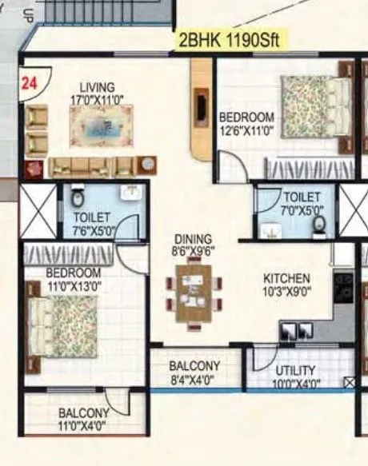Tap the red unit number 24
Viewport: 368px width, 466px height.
coord(30,81)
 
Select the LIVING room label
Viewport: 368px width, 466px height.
coord(96,86)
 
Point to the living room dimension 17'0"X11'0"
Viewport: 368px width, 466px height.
coord(96,99)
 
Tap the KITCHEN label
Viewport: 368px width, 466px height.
coord(287,278)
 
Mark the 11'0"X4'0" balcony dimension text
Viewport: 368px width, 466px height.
coord(83,426)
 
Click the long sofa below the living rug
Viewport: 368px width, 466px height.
coord(92,166)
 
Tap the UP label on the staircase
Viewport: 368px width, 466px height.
coord(7,14)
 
